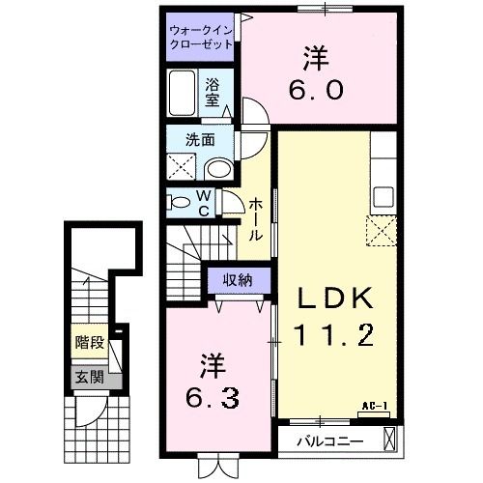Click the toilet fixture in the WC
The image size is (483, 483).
pos(180,202)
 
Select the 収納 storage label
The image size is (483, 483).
pos(234,281)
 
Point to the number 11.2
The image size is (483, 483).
pos(332,337)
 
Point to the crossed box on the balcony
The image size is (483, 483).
pos(388,439)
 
